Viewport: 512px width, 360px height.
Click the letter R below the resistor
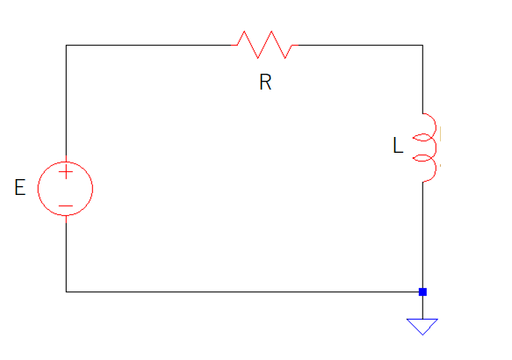[x=265, y=82]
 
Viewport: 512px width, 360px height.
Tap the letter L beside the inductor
[x=398, y=145]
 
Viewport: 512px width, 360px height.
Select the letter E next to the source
[x=20, y=187]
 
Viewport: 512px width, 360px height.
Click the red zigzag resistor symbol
[x=264, y=45]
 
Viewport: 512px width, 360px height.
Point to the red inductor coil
[x=436, y=148]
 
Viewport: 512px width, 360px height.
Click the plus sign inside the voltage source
[x=66, y=172]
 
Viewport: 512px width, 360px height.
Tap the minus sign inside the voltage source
[x=66, y=206]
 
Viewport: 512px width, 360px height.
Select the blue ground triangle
[x=422, y=327]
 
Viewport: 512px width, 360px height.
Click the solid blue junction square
[x=422, y=292]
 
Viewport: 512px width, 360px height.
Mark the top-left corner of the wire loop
[x=66, y=45]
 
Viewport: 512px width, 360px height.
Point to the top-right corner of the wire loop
[x=422, y=45]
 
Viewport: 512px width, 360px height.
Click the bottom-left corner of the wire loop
[x=66, y=292]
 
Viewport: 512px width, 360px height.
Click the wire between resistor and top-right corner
[x=360, y=45]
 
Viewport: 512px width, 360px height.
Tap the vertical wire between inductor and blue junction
[x=422, y=235]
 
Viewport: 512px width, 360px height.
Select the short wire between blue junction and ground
[x=422, y=307]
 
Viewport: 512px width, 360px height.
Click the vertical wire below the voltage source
[x=66, y=257]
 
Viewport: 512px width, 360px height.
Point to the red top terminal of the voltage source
[x=66, y=158]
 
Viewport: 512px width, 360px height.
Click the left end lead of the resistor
[x=234, y=45]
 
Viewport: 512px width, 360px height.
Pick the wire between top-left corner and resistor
[x=148, y=45]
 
